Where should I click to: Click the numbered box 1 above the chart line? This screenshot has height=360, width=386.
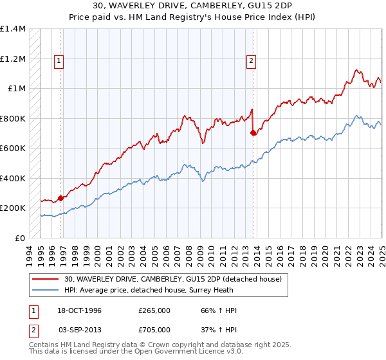click(59, 62)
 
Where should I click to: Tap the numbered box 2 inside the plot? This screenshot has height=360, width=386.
click(250, 62)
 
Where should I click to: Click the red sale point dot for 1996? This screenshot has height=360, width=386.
click(60, 199)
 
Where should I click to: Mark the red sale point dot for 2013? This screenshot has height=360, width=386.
click(253, 133)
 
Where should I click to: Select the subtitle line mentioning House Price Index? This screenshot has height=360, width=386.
click(193, 17)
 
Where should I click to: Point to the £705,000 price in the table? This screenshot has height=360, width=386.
click(154, 330)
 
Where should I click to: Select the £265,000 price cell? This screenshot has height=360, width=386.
click(154, 310)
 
